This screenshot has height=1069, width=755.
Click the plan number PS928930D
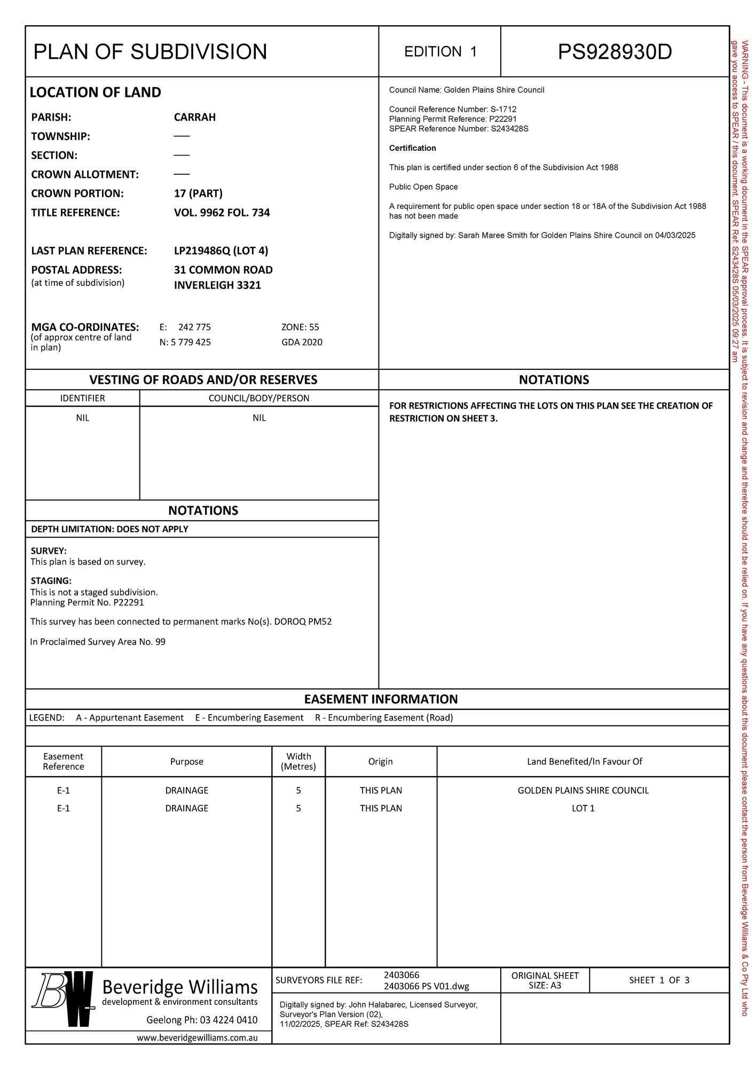tap(615, 52)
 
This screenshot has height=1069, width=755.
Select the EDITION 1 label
tap(440, 52)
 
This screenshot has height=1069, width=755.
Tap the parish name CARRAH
tap(195, 117)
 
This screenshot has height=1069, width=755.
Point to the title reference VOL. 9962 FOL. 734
tap(222, 213)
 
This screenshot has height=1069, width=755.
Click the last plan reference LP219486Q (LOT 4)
tap(221, 251)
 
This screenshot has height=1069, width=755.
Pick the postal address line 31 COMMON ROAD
tap(223, 270)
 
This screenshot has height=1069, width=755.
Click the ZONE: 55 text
tap(300, 327)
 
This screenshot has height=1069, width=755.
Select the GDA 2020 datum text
tap(302, 342)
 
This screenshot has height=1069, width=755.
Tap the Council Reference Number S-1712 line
tap(453, 109)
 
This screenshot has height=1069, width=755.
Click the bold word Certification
tap(412, 148)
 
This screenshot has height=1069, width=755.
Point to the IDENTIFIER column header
tap(82, 398)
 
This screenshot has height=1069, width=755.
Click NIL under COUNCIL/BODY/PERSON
tap(259, 418)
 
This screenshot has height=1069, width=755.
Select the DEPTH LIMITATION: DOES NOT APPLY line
tap(109, 529)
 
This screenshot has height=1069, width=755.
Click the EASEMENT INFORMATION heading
tap(381, 699)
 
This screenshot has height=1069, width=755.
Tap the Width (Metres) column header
tap(298, 761)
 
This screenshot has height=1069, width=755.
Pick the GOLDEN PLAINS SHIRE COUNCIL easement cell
tap(583, 791)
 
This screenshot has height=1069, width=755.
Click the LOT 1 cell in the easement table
tap(583, 808)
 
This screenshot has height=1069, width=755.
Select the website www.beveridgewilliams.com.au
tap(197, 1037)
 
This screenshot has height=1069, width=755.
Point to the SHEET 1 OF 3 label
tap(659, 980)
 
